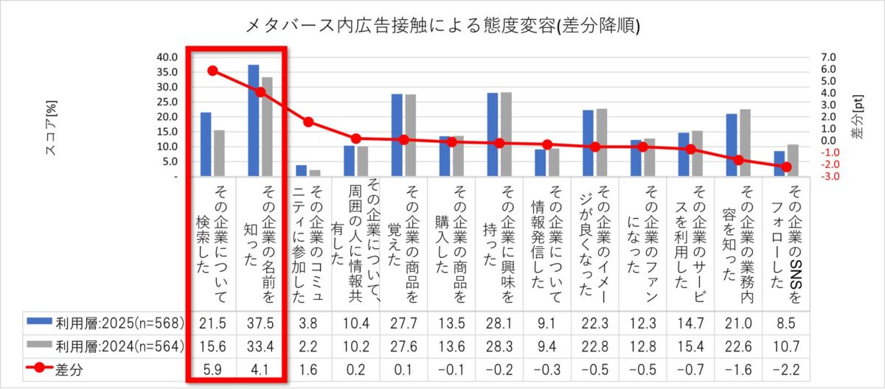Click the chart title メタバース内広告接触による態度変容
pyautogui.click(x=442, y=27)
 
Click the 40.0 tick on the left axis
pyautogui.click(x=167, y=57)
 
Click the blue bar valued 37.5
pyautogui.click(x=254, y=121)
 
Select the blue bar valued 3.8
pyautogui.click(x=301, y=171)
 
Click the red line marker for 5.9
pyautogui.click(x=212, y=71)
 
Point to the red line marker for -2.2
pyautogui.click(x=786, y=167)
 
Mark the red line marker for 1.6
pyautogui.click(x=308, y=122)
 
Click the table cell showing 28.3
pyautogui.click(x=499, y=346)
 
